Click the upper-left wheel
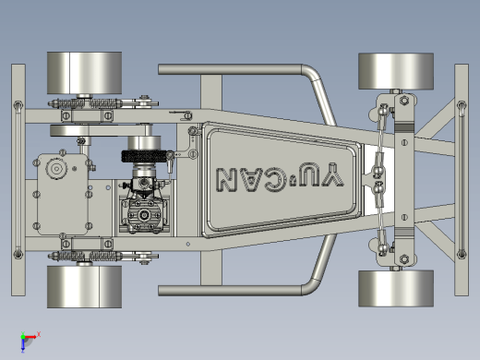point(84,73)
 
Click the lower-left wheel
point(84,287)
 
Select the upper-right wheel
point(396,71)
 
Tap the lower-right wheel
point(396,289)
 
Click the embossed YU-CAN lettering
point(280,177)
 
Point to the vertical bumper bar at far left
point(18,180)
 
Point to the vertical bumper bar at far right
point(462,180)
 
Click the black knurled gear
point(144,156)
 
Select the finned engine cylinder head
point(144,215)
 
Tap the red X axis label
point(39,334)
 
